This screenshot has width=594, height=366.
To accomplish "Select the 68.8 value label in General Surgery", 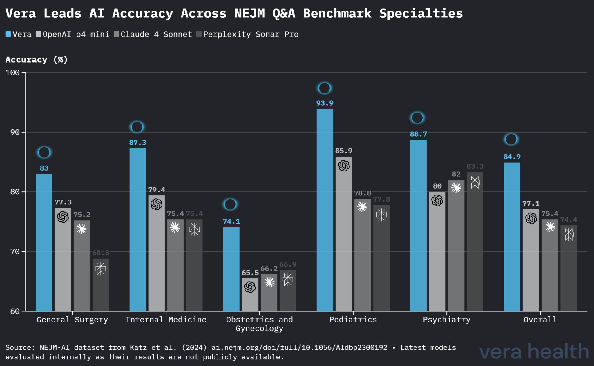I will point(101,253).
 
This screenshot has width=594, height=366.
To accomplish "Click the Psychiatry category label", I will point(446,320).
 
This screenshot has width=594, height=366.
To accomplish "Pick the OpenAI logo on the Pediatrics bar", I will point(344,166).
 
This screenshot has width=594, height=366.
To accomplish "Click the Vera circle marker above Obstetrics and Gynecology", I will point(230,204).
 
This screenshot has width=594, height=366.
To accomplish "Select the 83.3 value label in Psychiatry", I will point(475,166).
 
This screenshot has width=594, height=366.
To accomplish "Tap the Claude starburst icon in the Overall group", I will point(550,227).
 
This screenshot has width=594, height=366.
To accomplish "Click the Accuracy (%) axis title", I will point(36,60).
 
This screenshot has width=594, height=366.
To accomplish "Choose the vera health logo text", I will point(534,351).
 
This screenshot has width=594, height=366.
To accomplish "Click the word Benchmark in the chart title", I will point(337,13).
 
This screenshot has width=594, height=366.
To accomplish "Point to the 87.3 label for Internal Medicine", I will point(137,143).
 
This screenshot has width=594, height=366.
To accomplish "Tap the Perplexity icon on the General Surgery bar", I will point(101,269).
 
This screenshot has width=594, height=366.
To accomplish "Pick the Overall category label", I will point(540,320).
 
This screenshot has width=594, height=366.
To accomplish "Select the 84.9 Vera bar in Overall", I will point(512,236).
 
